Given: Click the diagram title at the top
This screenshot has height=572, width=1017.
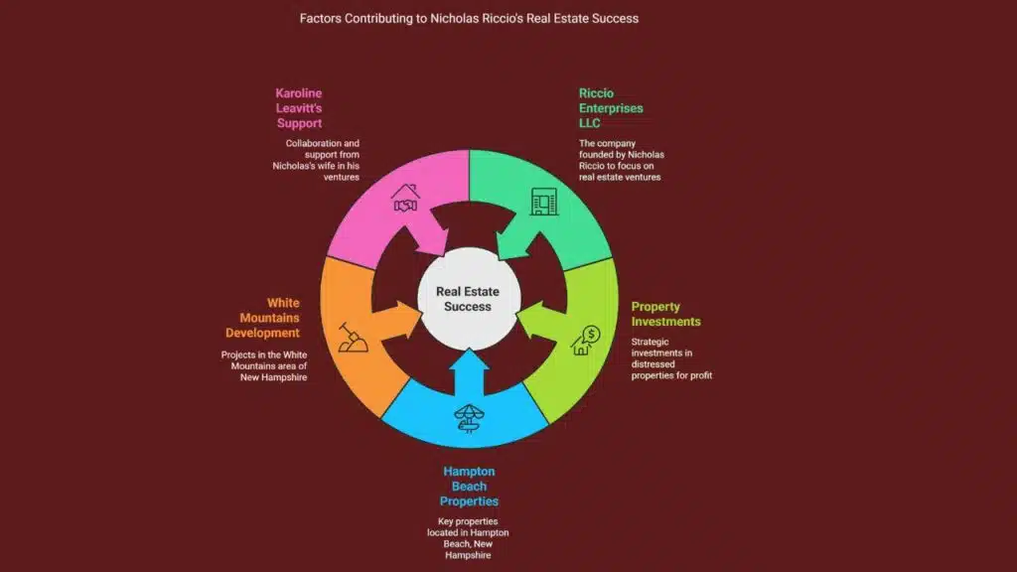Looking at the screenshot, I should coord(469,18).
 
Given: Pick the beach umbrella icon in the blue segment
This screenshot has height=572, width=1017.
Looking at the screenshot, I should coord(468,418).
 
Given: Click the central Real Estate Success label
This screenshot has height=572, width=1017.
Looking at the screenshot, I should coord(468,299).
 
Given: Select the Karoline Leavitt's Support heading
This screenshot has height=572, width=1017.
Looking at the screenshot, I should coord(299,108).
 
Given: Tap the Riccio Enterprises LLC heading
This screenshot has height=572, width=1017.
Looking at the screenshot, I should coord(611,108).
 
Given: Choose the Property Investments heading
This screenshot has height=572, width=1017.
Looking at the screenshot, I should coord(666,314).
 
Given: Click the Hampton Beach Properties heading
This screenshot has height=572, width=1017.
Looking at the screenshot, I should coord(468,487).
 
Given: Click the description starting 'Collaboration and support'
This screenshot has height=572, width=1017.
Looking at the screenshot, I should coord(317,160).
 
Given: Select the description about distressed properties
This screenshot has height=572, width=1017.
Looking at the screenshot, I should coord(671,358).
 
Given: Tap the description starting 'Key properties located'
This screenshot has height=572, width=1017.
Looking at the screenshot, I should coord(468,537).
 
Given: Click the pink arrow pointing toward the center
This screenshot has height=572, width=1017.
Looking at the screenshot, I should coord(425,238).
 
